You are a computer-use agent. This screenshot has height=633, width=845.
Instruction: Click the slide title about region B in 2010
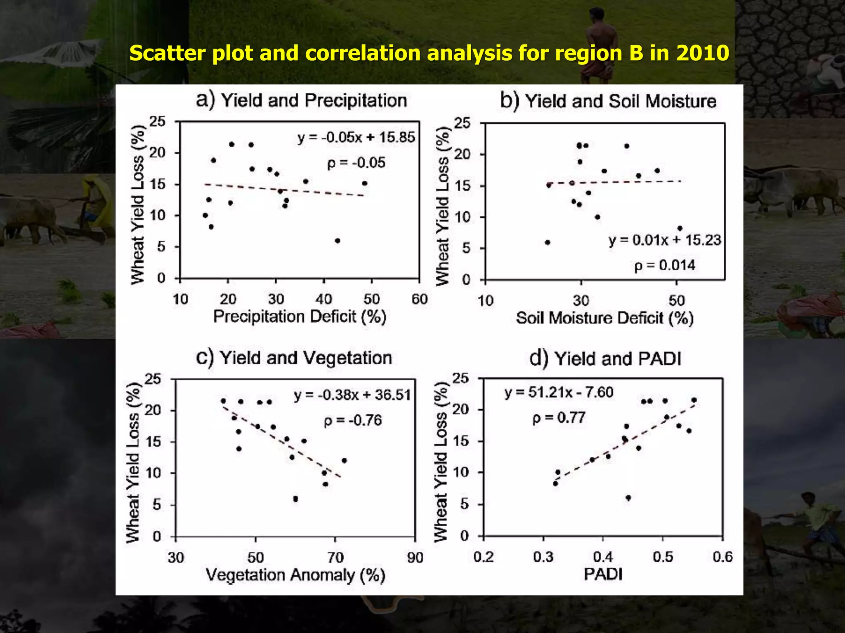(x=429, y=53)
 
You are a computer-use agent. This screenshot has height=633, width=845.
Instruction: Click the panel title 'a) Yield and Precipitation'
(x=302, y=101)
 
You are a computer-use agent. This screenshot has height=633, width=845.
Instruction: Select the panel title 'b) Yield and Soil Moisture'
(x=608, y=101)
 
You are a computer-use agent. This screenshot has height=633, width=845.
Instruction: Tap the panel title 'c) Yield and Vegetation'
(x=294, y=358)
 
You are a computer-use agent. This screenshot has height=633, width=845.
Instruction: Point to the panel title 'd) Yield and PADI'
(x=605, y=359)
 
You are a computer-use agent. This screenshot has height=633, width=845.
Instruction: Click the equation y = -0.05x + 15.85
(x=356, y=137)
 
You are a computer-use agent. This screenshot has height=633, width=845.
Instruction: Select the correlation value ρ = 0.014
(x=664, y=265)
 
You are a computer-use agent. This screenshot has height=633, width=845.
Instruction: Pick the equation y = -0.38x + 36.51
(x=352, y=395)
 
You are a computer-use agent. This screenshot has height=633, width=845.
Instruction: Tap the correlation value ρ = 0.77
(x=559, y=418)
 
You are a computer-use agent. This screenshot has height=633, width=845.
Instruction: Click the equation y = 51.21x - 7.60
(x=559, y=392)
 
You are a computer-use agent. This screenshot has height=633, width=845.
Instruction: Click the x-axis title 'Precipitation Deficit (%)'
(x=300, y=317)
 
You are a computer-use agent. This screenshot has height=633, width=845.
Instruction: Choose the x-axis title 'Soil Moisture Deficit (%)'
(x=604, y=318)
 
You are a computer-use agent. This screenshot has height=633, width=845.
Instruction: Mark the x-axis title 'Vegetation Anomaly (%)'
(x=295, y=575)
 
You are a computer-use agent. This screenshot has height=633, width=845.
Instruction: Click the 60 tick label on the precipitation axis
(x=419, y=299)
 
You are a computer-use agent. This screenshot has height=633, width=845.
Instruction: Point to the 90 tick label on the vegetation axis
(x=415, y=558)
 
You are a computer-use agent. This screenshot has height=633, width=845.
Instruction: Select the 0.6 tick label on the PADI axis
(x=722, y=557)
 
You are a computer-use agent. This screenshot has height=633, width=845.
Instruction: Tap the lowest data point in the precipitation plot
(x=338, y=241)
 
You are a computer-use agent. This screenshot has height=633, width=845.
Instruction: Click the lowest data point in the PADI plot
(x=628, y=498)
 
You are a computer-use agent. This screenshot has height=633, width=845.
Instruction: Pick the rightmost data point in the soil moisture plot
(x=680, y=228)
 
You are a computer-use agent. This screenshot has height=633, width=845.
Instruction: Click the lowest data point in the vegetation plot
(x=295, y=499)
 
